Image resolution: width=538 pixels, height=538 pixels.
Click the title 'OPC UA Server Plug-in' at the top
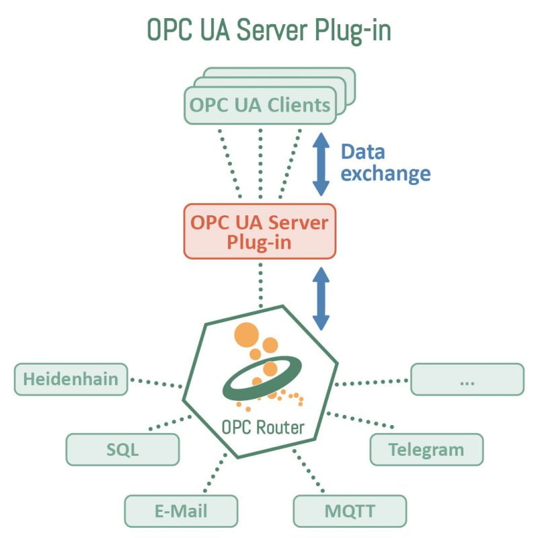coord(269,31)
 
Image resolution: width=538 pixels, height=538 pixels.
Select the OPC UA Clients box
coord(260,106)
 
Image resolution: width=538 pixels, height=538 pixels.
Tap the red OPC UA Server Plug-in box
coord(260,231)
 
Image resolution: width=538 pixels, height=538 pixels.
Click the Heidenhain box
coord(71,379)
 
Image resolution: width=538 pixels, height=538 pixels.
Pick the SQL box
coord(122,449)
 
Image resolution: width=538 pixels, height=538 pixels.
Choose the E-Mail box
coord(181,510)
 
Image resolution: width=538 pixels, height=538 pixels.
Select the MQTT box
coord(350,510)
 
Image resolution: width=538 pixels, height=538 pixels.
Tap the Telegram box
coord(426,449)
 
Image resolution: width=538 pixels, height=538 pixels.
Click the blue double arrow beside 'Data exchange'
coord(321,164)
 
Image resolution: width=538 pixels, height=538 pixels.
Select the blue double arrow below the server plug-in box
coord(321,299)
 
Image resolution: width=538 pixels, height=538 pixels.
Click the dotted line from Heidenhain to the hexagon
coord(156,383)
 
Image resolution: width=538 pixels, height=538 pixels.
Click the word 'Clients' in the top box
coord(299,106)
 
